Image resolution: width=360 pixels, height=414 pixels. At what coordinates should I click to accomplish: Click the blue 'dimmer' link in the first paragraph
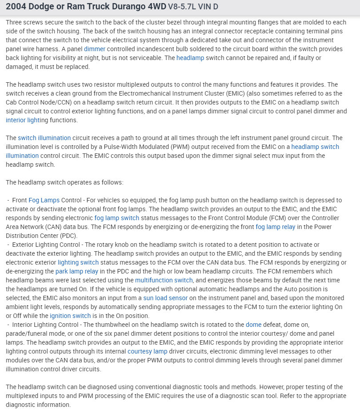tap(95, 49)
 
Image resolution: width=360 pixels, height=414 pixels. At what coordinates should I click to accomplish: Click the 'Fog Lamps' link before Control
tap(44, 200)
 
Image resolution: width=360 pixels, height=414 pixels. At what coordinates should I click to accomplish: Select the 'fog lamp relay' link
tap(274, 227)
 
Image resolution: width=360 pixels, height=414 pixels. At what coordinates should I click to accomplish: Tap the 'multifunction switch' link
tap(164, 280)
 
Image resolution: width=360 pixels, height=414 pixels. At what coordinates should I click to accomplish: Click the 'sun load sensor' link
tap(165, 298)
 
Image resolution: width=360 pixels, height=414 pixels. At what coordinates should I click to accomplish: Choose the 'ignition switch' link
tap(70, 316)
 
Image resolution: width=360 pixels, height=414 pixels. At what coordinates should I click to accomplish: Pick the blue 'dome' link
tap(253, 325)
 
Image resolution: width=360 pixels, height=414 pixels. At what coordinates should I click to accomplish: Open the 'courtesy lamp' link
tap(148, 351)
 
